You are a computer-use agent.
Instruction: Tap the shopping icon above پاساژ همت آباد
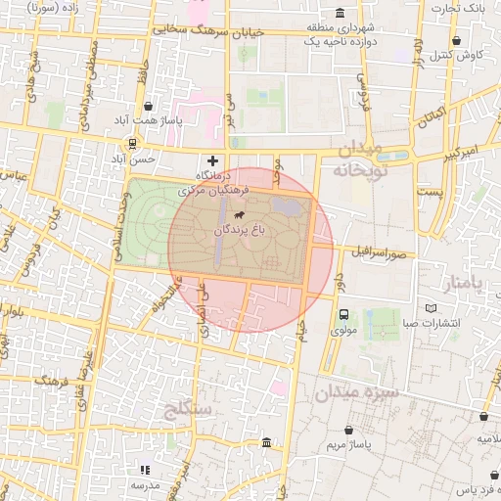(x=148, y=106)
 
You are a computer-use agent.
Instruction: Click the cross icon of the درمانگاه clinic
(x=212, y=160)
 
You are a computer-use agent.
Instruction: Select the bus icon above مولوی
(x=343, y=315)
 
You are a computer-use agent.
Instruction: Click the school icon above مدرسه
(x=146, y=470)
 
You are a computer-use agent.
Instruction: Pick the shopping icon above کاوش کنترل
(x=458, y=41)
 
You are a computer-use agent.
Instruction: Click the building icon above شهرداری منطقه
(x=339, y=14)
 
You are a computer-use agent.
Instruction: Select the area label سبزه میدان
(x=352, y=393)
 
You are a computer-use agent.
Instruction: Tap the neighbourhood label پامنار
(x=463, y=285)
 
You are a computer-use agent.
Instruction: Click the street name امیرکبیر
(x=456, y=156)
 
